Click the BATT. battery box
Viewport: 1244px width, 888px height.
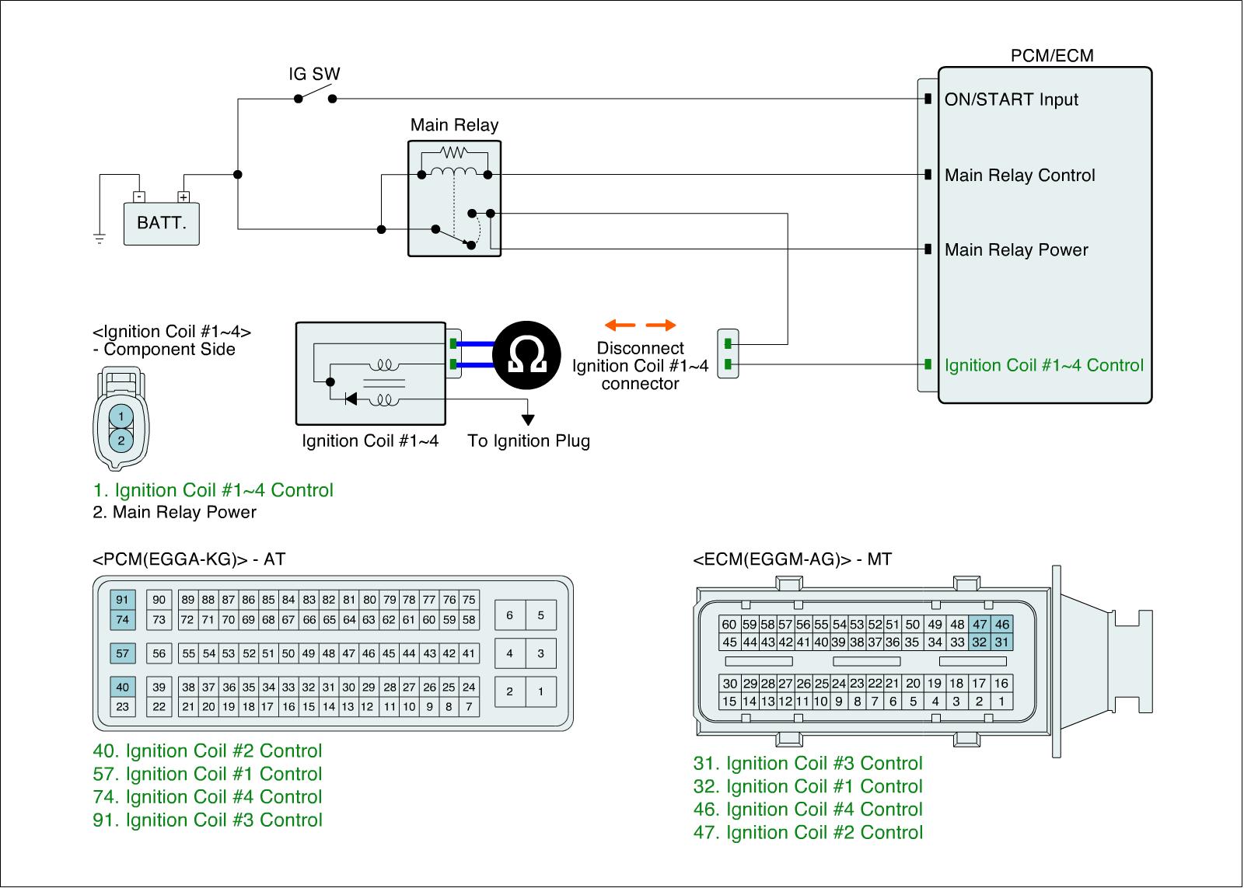tap(162, 223)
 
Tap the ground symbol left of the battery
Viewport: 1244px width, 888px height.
tap(99, 238)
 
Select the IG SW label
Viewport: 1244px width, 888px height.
tap(314, 75)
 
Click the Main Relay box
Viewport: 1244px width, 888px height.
tap(455, 198)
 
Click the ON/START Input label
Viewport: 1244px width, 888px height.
tap(1011, 99)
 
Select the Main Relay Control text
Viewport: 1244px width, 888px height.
tap(1019, 176)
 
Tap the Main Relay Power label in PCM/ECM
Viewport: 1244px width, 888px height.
tap(1016, 250)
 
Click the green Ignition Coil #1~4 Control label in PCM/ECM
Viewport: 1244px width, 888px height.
tap(1043, 365)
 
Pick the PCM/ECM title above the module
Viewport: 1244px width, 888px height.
tap(1051, 55)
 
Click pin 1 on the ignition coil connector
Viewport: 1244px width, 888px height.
tap(121, 417)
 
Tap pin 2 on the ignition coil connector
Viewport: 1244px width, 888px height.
tap(121, 441)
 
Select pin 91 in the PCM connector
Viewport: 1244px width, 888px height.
tap(122, 600)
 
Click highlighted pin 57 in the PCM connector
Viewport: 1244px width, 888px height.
tap(122, 653)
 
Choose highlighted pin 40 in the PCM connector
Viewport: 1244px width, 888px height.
tap(122, 687)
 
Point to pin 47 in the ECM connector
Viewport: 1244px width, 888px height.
tap(980, 624)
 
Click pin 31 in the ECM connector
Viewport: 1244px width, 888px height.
tap(1001, 642)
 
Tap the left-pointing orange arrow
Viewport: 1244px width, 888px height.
tap(620, 325)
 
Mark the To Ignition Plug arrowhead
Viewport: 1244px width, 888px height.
tap(529, 420)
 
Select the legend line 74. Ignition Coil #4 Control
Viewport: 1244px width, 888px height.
tap(207, 797)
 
